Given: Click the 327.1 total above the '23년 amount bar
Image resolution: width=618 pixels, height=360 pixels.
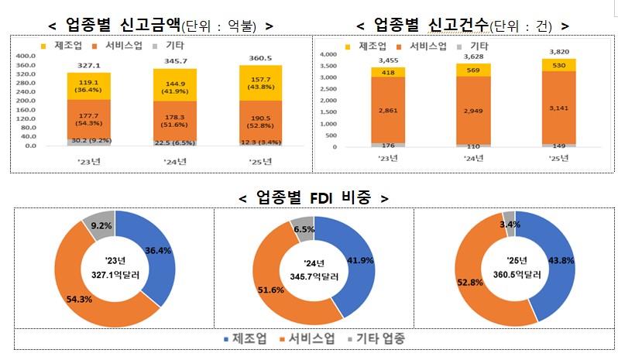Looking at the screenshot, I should (x=93, y=67).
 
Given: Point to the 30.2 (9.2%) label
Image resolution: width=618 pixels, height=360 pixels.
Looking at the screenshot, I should (x=93, y=141).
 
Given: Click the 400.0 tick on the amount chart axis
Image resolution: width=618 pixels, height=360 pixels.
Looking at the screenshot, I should (x=26, y=57).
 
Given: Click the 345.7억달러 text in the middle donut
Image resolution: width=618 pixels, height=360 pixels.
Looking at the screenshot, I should (x=314, y=274).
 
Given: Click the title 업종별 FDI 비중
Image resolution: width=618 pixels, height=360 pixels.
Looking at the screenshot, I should (x=314, y=197).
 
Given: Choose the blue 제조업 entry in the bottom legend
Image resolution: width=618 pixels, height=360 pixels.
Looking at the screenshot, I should (x=249, y=339).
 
